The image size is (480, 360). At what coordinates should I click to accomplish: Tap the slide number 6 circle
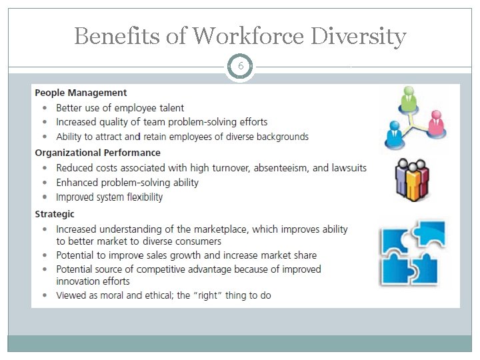(240, 67)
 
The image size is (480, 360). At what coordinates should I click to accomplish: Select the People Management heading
(81, 93)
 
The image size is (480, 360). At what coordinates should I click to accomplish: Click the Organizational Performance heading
(97, 153)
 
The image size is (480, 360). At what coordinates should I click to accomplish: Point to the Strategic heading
(55, 214)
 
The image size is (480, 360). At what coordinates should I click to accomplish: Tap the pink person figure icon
(437, 122)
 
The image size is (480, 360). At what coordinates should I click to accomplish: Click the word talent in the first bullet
(170, 108)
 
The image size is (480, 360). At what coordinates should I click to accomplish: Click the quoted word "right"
(207, 295)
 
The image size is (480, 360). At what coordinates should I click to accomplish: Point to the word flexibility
(139, 197)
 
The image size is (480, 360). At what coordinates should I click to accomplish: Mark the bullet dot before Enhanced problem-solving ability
(44, 183)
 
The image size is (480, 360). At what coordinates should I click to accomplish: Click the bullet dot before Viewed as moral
(44, 295)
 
